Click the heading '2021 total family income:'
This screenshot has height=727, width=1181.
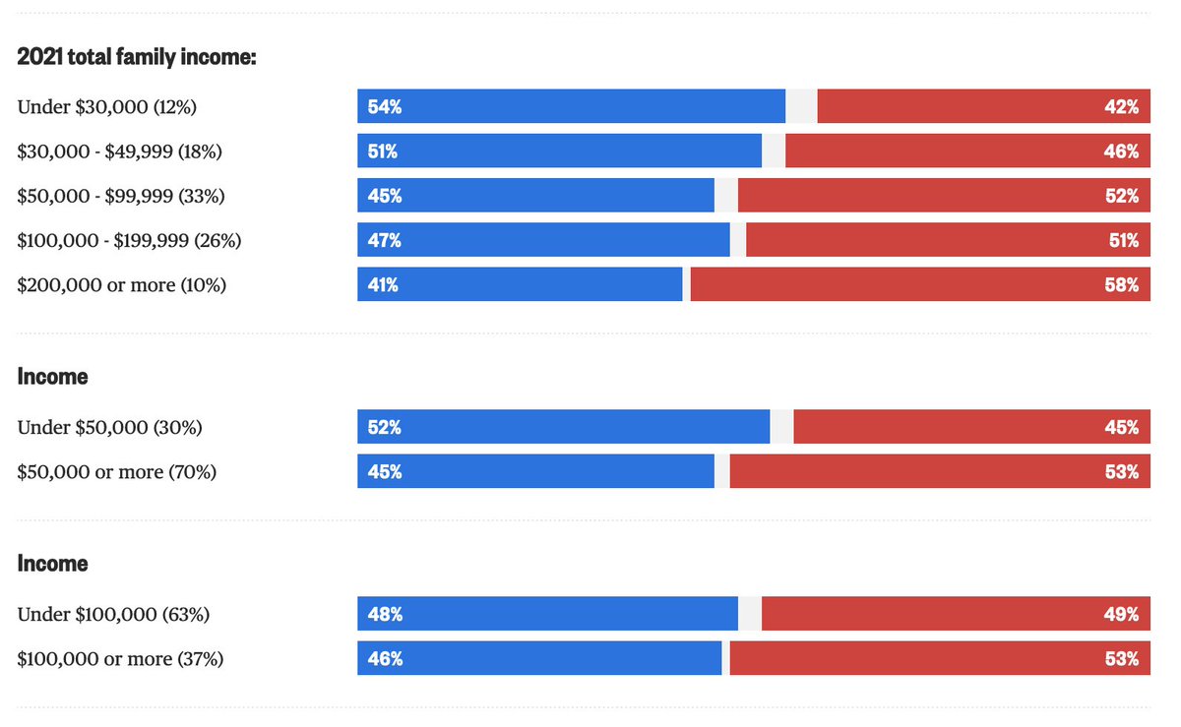click(137, 57)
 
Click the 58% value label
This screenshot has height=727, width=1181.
click(1121, 285)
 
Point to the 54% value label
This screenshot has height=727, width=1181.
click(384, 107)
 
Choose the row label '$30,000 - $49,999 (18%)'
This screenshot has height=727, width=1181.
click(120, 151)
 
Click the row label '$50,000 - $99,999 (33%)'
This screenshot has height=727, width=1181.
click(121, 196)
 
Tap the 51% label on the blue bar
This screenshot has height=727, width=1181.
click(384, 151)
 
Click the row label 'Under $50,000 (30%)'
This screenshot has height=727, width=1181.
click(109, 428)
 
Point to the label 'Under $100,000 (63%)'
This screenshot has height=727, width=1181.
click(113, 615)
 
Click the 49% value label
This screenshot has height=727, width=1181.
click(1121, 615)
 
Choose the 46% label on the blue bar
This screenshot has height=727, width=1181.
click(384, 659)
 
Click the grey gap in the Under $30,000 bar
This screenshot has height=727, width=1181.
click(801, 106)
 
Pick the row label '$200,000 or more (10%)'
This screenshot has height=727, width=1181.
click(122, 285)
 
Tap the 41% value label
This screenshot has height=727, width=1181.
click(384, 285)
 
